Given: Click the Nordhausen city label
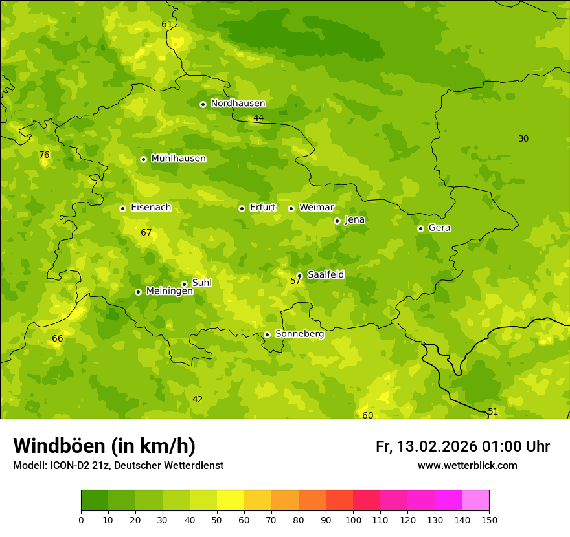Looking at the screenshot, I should (238, 104).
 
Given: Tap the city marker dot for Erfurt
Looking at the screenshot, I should (242, 208).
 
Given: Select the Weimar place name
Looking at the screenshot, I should (316, 208).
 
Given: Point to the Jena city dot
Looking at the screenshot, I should (337, 221).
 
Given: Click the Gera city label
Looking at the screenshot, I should (439, 228).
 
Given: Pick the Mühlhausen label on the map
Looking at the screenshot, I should (178, 159).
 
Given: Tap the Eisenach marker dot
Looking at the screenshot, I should (122, 208).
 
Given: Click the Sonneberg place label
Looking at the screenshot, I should (299, 334).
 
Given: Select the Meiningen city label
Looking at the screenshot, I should (169, 291).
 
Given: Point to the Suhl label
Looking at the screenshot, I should (201, 283).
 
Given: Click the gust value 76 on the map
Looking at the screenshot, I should (44, 155).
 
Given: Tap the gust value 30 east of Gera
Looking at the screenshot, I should (523, 139).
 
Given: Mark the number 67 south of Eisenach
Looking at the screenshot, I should (146, 233).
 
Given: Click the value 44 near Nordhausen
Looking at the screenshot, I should (258, 118).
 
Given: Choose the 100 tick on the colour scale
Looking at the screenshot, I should (353, 520).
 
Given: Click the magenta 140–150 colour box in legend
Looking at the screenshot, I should (475, 501).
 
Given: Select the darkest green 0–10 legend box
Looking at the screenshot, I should (95, 501).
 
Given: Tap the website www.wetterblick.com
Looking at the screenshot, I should (467, 466).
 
